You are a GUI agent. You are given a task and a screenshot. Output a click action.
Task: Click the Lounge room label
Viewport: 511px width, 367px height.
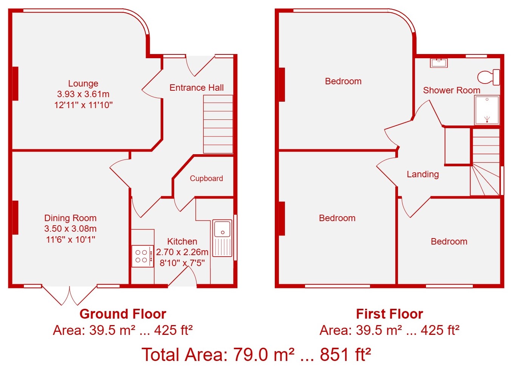[83, 84]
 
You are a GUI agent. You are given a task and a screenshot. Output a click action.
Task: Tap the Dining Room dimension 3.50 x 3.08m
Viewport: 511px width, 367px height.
[70, 228]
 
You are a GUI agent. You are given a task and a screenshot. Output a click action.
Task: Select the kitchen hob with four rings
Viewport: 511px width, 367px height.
[142, 256]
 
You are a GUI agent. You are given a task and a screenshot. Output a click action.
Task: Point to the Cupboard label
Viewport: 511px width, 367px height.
[206, 178]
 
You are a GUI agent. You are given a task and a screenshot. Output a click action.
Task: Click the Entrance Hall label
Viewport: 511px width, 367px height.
[197, 88]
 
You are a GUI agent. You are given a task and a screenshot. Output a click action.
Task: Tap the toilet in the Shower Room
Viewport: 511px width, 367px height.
[489, 77]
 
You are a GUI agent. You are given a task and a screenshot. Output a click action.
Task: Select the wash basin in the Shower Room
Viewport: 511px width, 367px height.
[439, 63]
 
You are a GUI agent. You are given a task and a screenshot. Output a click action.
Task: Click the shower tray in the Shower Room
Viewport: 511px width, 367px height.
[487, 110]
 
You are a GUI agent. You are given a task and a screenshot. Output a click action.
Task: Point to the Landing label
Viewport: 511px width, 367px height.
[423, 174]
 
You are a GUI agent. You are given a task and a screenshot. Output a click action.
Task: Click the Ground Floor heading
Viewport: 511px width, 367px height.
[123, 314]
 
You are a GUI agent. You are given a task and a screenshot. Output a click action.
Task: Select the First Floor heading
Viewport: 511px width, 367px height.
[389, 314]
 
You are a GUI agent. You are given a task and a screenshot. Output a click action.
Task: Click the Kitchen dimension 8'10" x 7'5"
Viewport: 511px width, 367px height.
[182, 263]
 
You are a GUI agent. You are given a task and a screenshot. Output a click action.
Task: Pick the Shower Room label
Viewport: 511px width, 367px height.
[452, 90]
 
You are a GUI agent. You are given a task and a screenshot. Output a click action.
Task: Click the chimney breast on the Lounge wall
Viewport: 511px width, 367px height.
[15, 83]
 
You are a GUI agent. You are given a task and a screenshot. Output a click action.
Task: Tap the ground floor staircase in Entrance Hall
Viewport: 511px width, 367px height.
[218, 124]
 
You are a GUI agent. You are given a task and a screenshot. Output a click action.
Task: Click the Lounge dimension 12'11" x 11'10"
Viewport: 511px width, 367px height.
[83, 105]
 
